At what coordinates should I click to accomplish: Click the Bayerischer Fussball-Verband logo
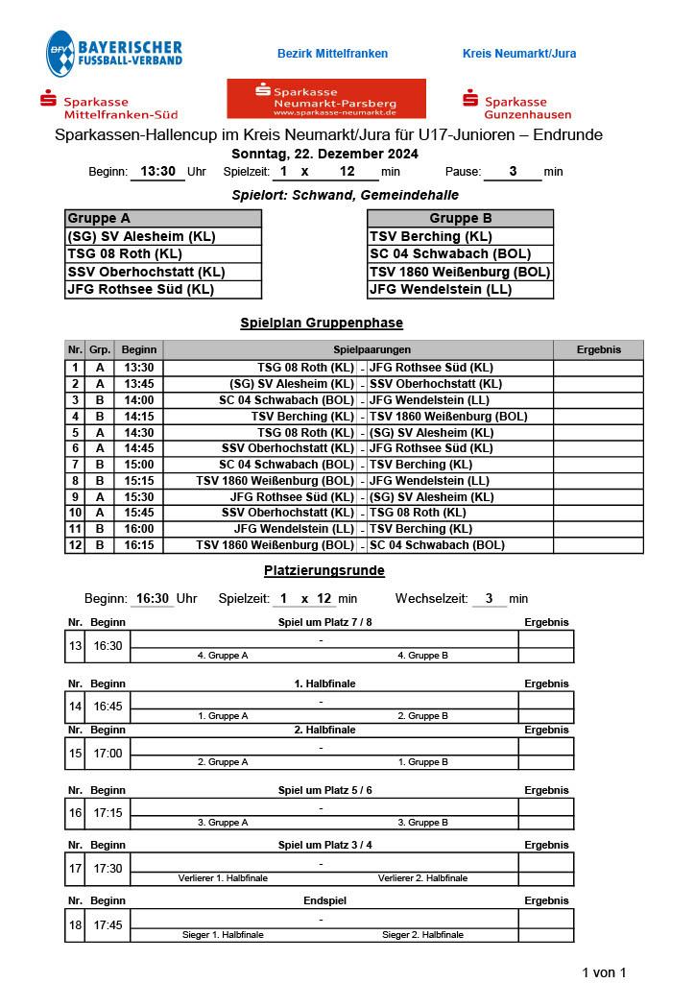(113, 54)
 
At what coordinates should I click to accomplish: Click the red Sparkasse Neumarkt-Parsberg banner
(326, 99)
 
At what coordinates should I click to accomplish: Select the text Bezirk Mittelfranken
(332, 54)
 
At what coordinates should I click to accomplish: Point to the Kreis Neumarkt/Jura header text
(519, 54)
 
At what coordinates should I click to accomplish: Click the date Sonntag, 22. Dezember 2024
(325, 154)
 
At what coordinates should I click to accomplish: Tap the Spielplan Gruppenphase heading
(322, 324)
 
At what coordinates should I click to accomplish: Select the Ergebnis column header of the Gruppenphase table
(599, 349)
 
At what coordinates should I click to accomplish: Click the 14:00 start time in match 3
(138, 399)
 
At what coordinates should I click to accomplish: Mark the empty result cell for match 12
(599, 545)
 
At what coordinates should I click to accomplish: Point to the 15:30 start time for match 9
(138, 497)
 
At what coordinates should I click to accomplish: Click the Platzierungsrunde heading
(324, 570)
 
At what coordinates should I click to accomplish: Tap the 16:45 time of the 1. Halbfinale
(108, 707)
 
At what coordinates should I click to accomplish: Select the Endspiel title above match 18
(324, 900)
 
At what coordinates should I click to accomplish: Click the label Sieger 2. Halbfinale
(422, 934)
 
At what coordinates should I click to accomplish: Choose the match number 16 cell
(75, 813)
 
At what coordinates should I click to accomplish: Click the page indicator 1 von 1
(604, 972)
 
